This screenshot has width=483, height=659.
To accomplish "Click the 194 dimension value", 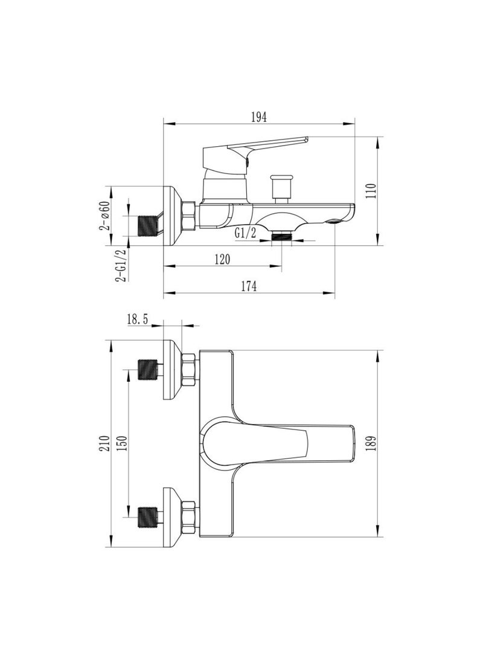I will (x=259, y=117).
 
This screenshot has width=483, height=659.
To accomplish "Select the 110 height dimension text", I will (x=371, y=191).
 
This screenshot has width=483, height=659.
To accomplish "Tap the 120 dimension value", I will (x=223, y=260).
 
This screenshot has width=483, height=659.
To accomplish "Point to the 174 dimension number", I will (x=249, y=286).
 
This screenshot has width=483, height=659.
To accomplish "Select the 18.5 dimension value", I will (x=138, y=320).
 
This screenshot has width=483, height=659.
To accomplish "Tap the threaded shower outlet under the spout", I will (x=281, y=237).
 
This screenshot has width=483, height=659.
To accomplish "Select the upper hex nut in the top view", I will (x=190, y=369).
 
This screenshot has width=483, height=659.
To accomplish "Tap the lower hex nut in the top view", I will (x=190, y=518).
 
